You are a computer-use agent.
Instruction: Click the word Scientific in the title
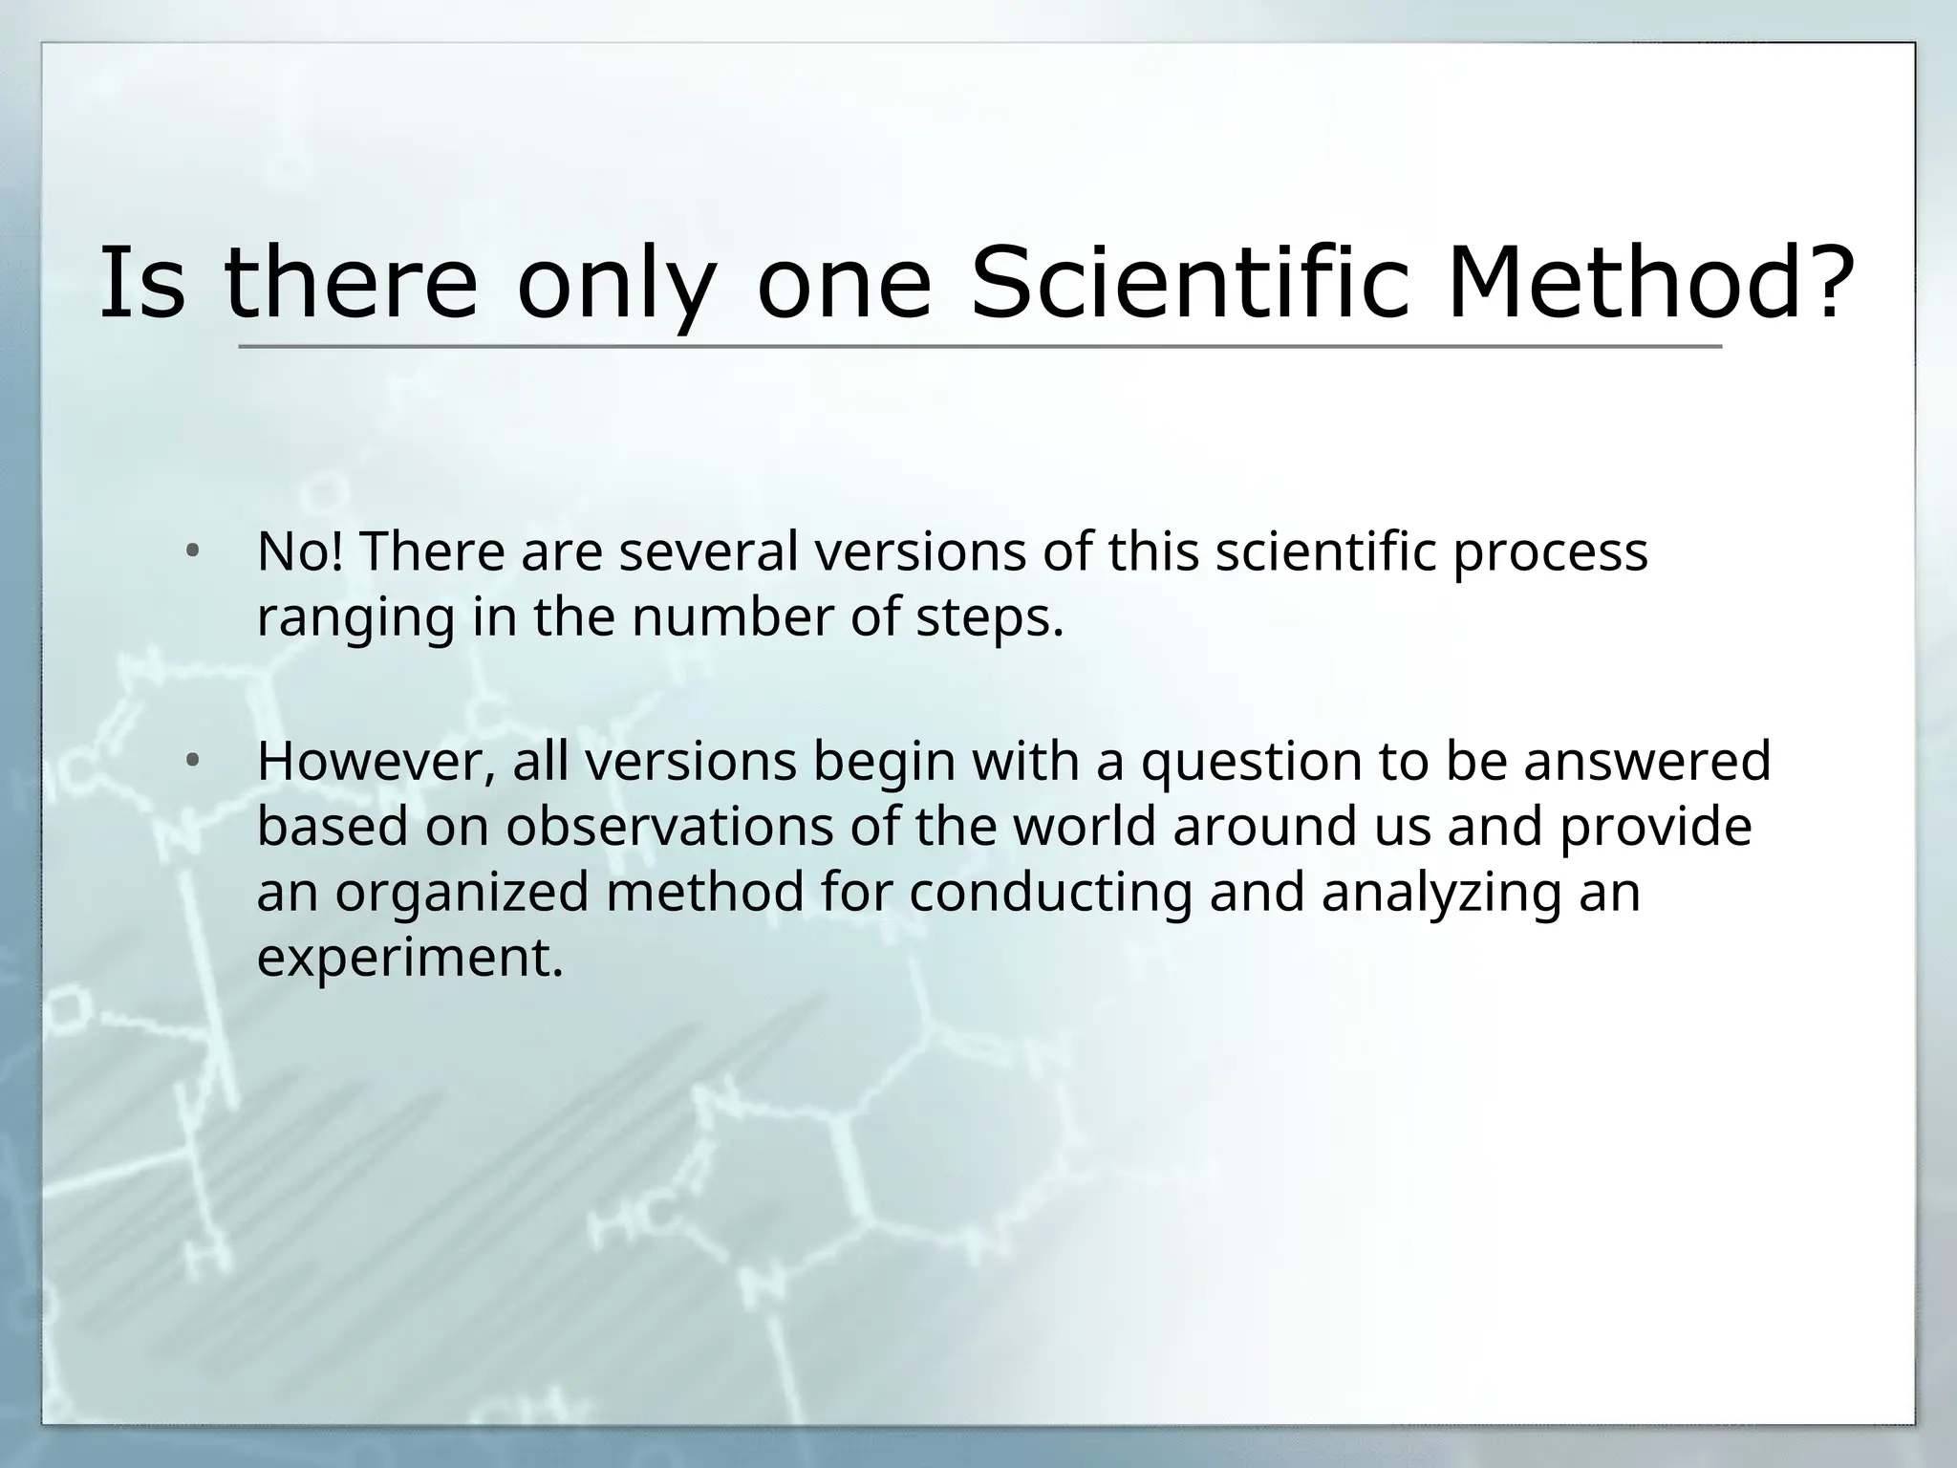1189,283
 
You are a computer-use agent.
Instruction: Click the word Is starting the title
141,283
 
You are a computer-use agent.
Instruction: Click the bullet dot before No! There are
193,551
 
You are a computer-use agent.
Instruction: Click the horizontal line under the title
979,346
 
